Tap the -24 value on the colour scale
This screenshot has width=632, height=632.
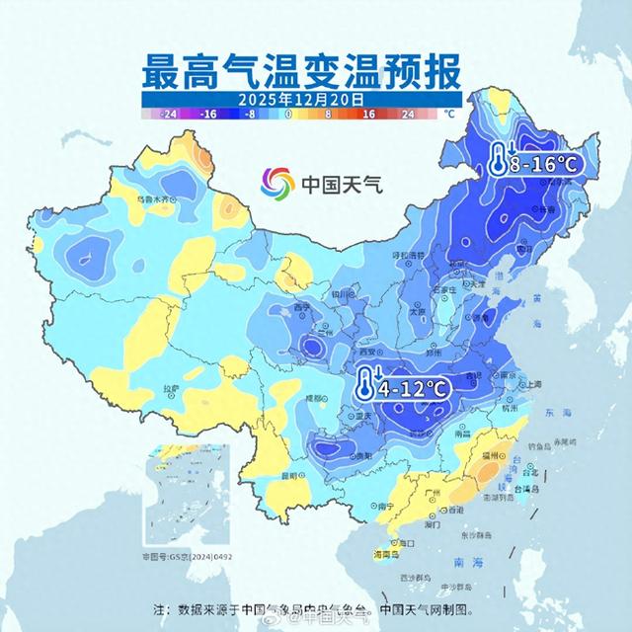[169, 114]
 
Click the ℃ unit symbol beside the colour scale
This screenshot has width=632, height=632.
[449, 114]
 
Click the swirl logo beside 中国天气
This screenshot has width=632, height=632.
[278, 184]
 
